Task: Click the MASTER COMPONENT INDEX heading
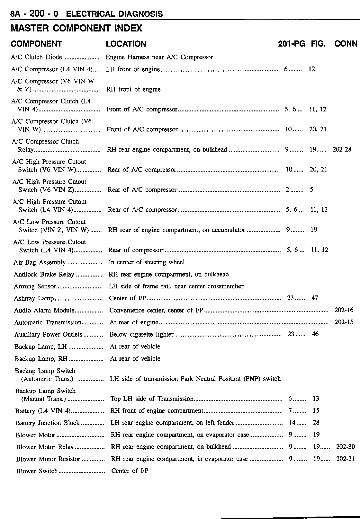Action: pos(76,29)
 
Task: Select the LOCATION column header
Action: pos(126,44)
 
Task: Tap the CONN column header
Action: pos(346,44)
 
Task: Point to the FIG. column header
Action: pos(318,44)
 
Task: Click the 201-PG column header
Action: pos(291,44)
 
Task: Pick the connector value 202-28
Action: pos(342,150)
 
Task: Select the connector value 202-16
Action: pos(344,310)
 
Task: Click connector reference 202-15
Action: pos(344,322)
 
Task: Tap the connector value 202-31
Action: pos(345,459)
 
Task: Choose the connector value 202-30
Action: pos(345,447)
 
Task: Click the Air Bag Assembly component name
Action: pos(39,262)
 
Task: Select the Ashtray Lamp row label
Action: pos(34,298)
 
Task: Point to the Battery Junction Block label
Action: pos(47,423)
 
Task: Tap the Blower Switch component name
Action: pos(37,471)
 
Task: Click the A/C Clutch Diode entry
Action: pos(36,57)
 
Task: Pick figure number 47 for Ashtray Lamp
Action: pos(315,298)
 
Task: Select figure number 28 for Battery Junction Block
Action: pos(316,423)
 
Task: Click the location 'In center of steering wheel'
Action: pos(147,262)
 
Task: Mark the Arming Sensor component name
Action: pos(35,286)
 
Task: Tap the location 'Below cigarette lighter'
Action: pos(141,334)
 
